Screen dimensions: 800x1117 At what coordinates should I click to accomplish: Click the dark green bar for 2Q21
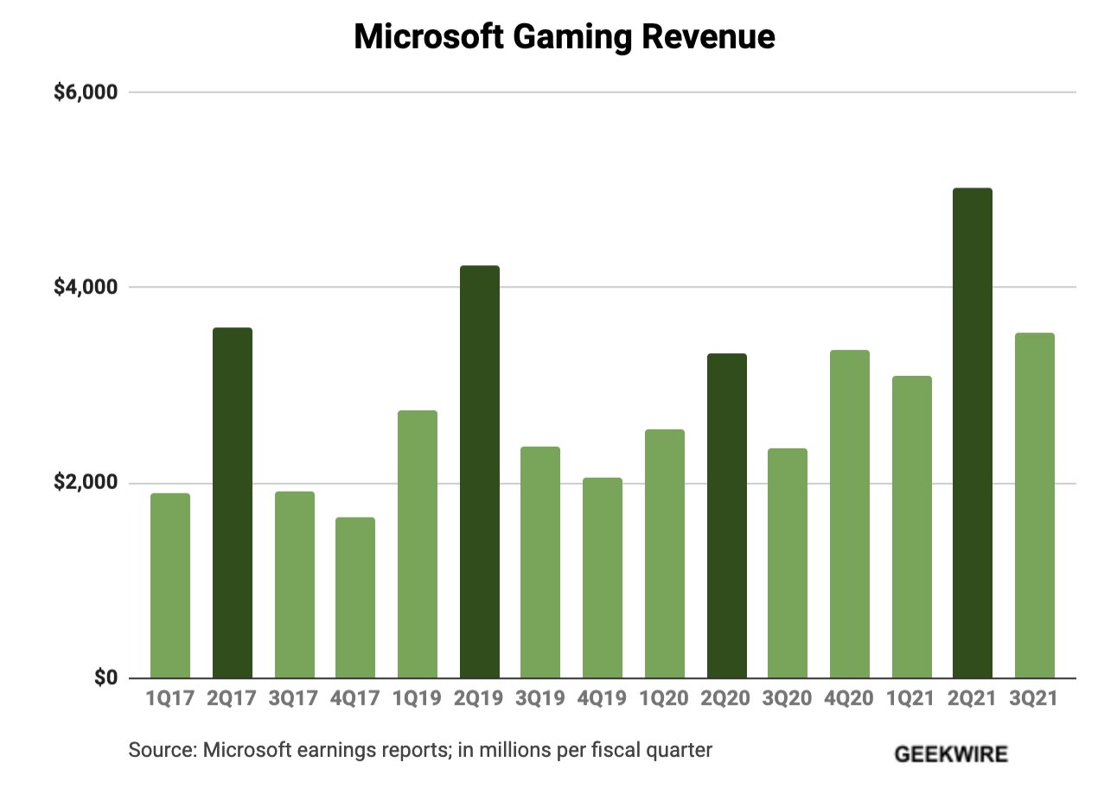click(x=972, y=433)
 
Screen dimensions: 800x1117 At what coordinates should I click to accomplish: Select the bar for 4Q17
click(x=355, y=597)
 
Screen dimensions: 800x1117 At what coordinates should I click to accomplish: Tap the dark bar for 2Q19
click(x=479, y=472)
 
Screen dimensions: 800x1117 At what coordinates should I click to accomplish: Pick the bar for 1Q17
click(x=170, y=585)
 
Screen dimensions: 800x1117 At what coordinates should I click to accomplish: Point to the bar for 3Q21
click(x=1034, y=505)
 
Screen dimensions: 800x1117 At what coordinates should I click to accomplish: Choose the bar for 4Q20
click(x=849, y=514)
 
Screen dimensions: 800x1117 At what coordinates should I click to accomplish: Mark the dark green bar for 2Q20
click(x=726, y=516)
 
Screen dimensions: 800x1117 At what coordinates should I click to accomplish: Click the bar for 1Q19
click(x=418, y=544)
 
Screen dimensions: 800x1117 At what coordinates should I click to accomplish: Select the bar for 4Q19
click(x=602, y=577)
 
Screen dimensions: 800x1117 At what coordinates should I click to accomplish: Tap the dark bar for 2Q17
click(x=233, y=503)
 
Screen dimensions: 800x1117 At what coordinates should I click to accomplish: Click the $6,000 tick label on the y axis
click(x=85, y=92)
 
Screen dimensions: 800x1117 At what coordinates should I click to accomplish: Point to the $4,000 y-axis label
click(x=85, y=287)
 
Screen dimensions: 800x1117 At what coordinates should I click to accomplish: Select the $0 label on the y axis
click(x=105, y=677)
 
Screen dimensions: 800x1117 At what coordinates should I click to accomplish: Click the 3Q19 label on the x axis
click(x=540, y=699)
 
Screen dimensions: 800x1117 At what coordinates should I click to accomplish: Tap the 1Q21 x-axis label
click(x=910, y=699)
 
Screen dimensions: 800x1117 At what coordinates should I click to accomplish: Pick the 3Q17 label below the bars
click(x=294, y=699)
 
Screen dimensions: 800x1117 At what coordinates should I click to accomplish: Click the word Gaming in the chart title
click(x=571, y=37)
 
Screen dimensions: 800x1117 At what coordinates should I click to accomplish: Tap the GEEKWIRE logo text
click(x=951, y=754)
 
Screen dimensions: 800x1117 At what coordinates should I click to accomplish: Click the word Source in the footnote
click(x=160, y=750)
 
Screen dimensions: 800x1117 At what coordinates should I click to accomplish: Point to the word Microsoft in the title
click(x=428, y=37)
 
